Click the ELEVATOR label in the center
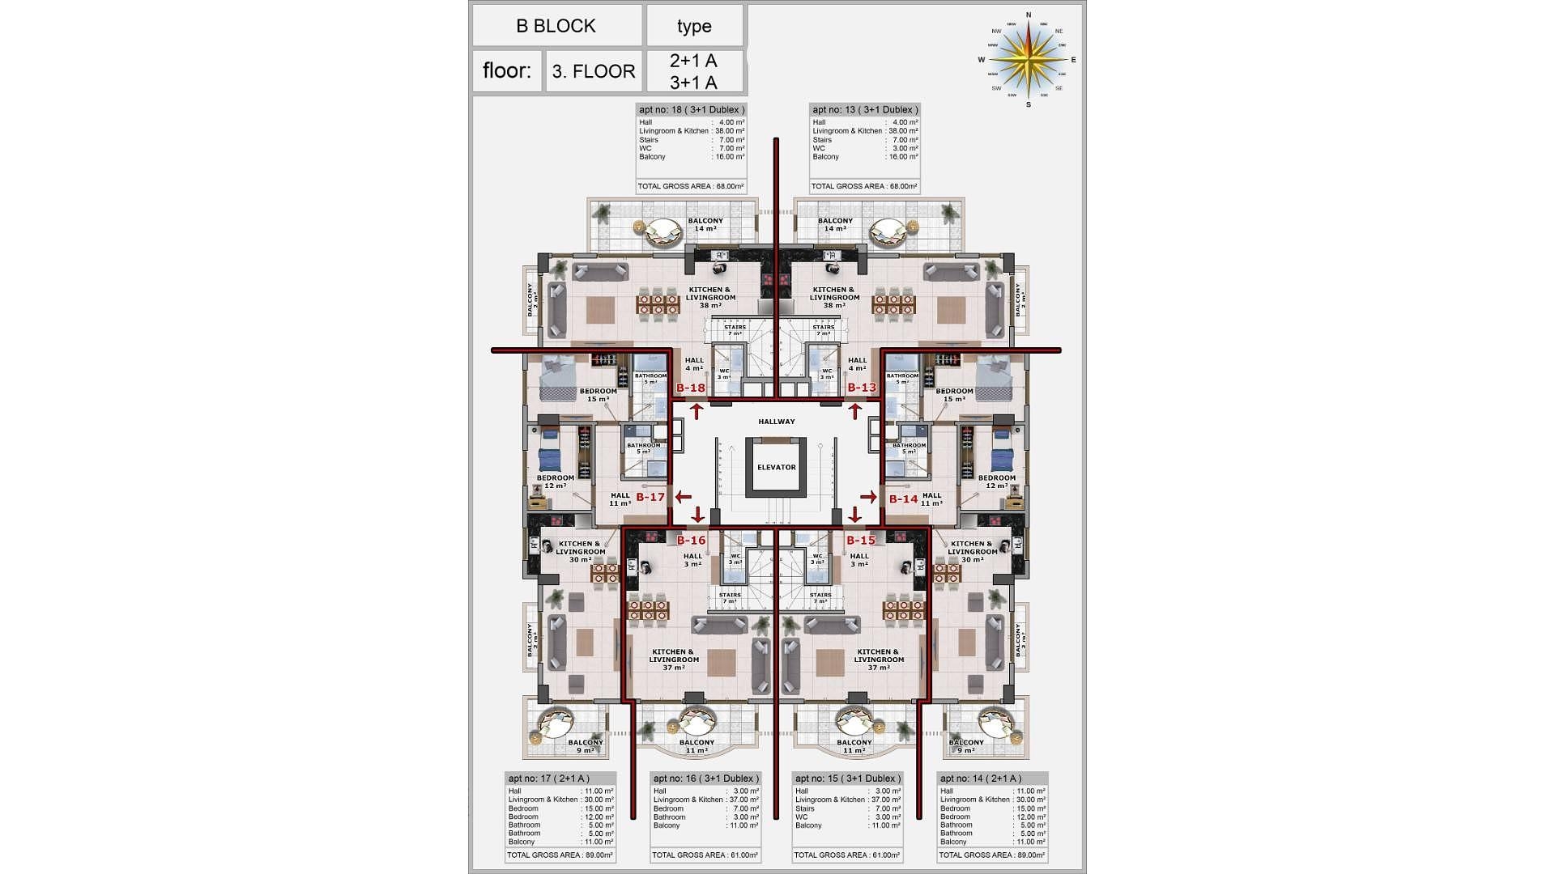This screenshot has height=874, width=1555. [x=776, y=467]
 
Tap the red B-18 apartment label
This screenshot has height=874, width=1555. [x=691, y=388]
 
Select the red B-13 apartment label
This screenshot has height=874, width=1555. [x=862, y=388]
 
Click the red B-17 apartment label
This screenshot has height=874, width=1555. [x=650, y=497]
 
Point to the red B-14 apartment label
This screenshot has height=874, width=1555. [x=903, y=499]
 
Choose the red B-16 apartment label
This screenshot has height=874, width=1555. [x=691, y=540]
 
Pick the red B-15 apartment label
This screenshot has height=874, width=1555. [x=861, y=540]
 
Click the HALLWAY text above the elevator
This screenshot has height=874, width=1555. [x=776, y=422]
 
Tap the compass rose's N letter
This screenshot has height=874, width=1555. [x=1029, y=15]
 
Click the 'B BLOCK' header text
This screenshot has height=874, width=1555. [x=556, y=26]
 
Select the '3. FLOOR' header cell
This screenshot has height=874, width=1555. [x=594, y=71]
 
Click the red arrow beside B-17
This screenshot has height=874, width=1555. [x=684, y=497]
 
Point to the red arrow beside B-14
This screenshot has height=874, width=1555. [x=868, y=497]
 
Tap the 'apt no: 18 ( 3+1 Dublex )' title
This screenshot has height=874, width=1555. [x=691, y=110]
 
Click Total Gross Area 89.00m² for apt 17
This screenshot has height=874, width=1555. [x=560, y=855]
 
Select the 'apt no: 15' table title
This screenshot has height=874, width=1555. [x=847, y=779]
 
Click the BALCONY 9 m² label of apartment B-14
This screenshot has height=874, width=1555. [x=966, y=746]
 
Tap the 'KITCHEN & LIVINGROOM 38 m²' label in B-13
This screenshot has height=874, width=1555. [x=834, y=297]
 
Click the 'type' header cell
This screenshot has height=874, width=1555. [x=694, y=26]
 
